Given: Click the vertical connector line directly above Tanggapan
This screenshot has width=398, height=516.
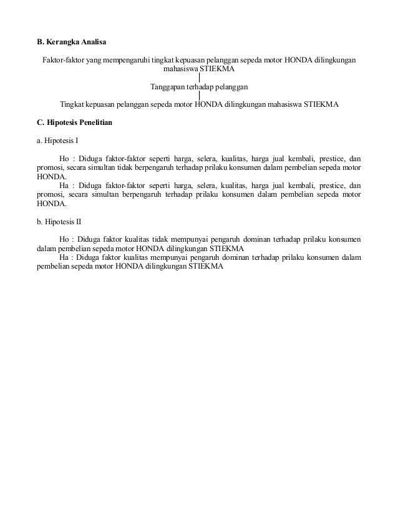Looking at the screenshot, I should [x=199, y=78].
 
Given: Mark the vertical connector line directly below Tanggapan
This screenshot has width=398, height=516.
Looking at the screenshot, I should [x=199, y=96].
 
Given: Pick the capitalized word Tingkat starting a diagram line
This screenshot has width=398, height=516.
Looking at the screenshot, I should [x=72, y=104].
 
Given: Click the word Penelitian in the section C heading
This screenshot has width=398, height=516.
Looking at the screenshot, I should [x=95, y=123].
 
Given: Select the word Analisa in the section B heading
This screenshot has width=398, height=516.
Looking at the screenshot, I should [x=94, y=43].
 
